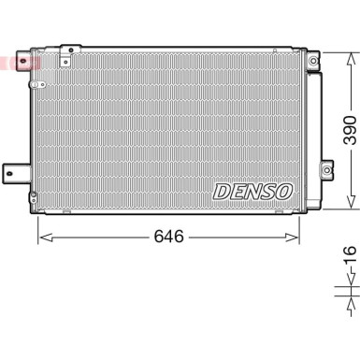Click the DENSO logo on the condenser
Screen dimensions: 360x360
(252, 192)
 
